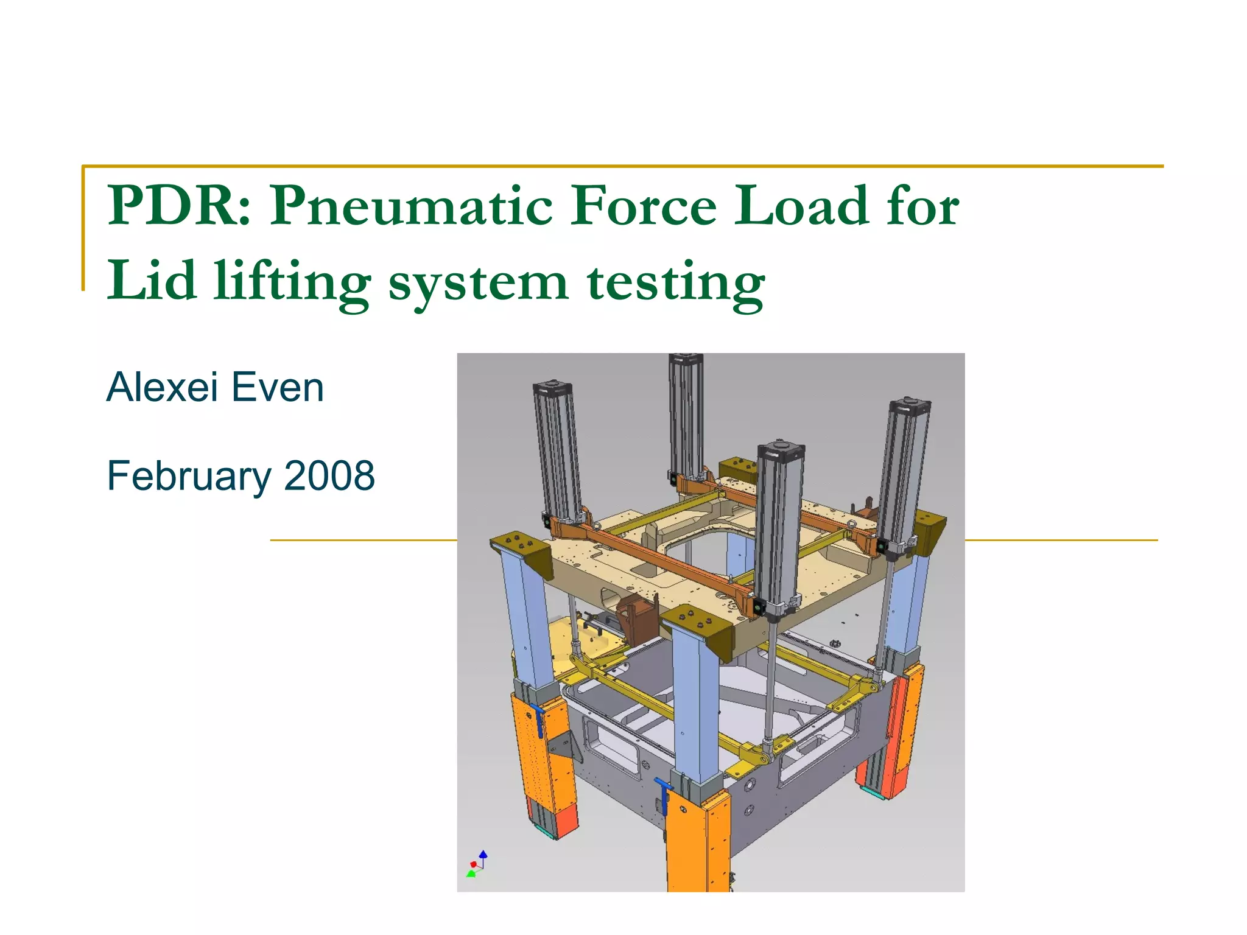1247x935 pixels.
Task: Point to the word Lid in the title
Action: pyautogui.click(x=152, y=281)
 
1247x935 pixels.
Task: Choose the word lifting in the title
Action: pyautogui.click(x=292, y=283)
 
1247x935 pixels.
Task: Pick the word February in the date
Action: pyautogui.click(x=189, y=477)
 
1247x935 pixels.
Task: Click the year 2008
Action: pyautogui.click(x=329, y=475)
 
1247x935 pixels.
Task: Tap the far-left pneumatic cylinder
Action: pyautogui.click(x=557, y=450)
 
